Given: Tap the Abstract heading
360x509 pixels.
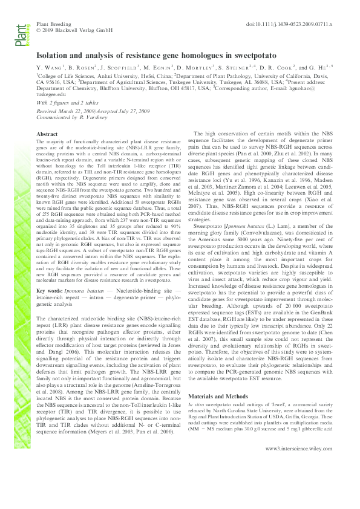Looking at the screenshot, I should tap(47, 134).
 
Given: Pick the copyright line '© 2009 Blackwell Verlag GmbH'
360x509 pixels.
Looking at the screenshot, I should tap(75, 30).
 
